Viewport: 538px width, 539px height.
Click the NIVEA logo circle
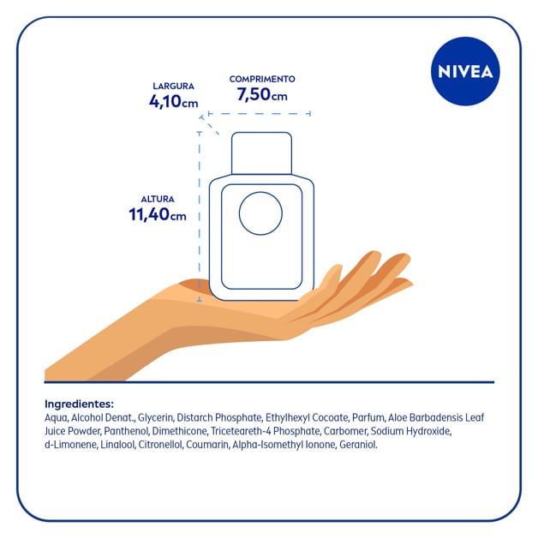(x=465, y=71)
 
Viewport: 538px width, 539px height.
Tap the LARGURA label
(x=174, y=87)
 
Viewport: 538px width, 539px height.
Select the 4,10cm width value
(x=174, y=101)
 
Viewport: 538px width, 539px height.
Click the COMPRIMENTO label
(x=262, y=79)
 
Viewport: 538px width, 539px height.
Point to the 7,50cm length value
(x=262, y=94)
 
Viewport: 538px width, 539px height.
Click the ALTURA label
(x=158, y=199)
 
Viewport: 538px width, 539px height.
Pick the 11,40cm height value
(x=158, y=214)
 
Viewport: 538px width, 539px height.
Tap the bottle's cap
(x=262, y=153)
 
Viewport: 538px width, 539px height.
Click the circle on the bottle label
(x=260, y=213)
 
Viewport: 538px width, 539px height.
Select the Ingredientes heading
(x=79, y=404)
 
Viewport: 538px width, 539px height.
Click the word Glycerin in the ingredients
(x=156, y=418)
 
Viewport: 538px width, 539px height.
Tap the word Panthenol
(x=127, y=431)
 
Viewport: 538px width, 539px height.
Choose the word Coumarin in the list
(x=207, y=445)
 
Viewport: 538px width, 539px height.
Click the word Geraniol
(x=358, y=445)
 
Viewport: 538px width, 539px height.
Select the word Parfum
(x=368, y=417)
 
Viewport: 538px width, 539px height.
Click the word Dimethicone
(x=180, y=431)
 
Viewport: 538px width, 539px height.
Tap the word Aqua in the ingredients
(x=57, y=418)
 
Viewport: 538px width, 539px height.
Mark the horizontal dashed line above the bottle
(x=260, y=113)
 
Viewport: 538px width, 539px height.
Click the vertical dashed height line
(x=200, y=217)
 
